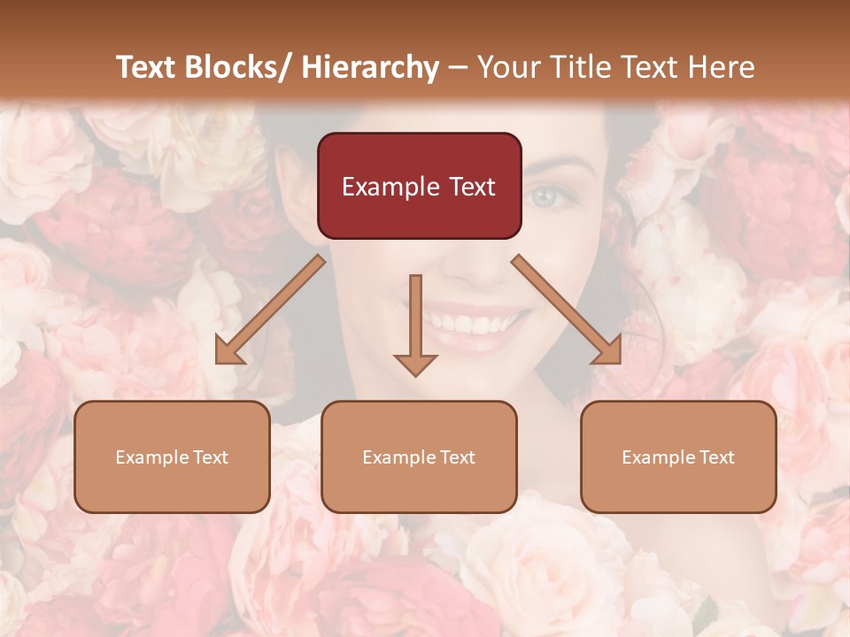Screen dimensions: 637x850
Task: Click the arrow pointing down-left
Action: pyautogui.click(x=269, y=310)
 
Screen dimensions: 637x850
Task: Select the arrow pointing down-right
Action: pyautogui.click(x=567, y=310)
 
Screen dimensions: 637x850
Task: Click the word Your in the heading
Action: pyautogui.click(x=507, y=67)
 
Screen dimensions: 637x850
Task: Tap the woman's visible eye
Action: pyautogui.click(x=543, y=195)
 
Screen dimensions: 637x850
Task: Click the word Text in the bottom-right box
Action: pyautogui.click(x=715, y=457)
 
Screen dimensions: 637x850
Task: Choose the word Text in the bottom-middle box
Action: pyautogui.click(x=456, y=457)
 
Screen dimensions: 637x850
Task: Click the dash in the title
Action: pyautogui.click(x=458, y=67)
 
